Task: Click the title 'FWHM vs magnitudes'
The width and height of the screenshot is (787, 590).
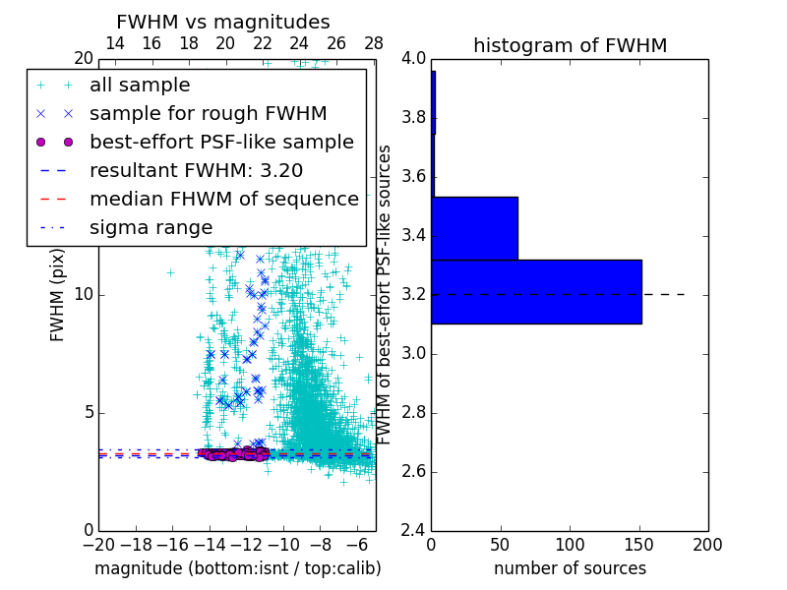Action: [223, 22]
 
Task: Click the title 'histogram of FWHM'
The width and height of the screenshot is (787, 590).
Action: [570, 45]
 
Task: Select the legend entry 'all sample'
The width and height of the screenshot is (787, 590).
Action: [140, 86]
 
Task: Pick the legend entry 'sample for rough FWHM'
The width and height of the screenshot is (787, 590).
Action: [208, 114]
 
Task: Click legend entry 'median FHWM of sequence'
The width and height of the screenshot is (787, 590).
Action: [223, 200]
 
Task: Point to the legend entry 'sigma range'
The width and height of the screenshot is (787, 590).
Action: [151, 228]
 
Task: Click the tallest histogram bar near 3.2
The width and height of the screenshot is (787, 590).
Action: [536, 291]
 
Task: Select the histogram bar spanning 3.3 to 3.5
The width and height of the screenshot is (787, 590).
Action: [474, 228]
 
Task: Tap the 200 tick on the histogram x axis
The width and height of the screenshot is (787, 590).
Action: [707, 544]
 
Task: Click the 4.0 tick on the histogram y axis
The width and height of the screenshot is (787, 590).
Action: [413, 59]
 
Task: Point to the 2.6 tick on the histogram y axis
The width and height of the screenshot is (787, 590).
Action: [413, 471]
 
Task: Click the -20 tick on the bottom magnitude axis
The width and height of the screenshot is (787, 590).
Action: [98, 544]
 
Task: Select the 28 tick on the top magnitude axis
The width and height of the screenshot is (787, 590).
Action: [373, 44]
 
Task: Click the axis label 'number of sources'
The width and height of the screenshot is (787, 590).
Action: [570, 568]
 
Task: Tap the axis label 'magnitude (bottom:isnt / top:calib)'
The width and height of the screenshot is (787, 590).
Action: [237, 568]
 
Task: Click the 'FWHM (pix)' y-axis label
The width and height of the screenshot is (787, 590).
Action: [58, 296]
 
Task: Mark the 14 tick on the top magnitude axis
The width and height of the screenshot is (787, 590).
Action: [114, 44]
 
